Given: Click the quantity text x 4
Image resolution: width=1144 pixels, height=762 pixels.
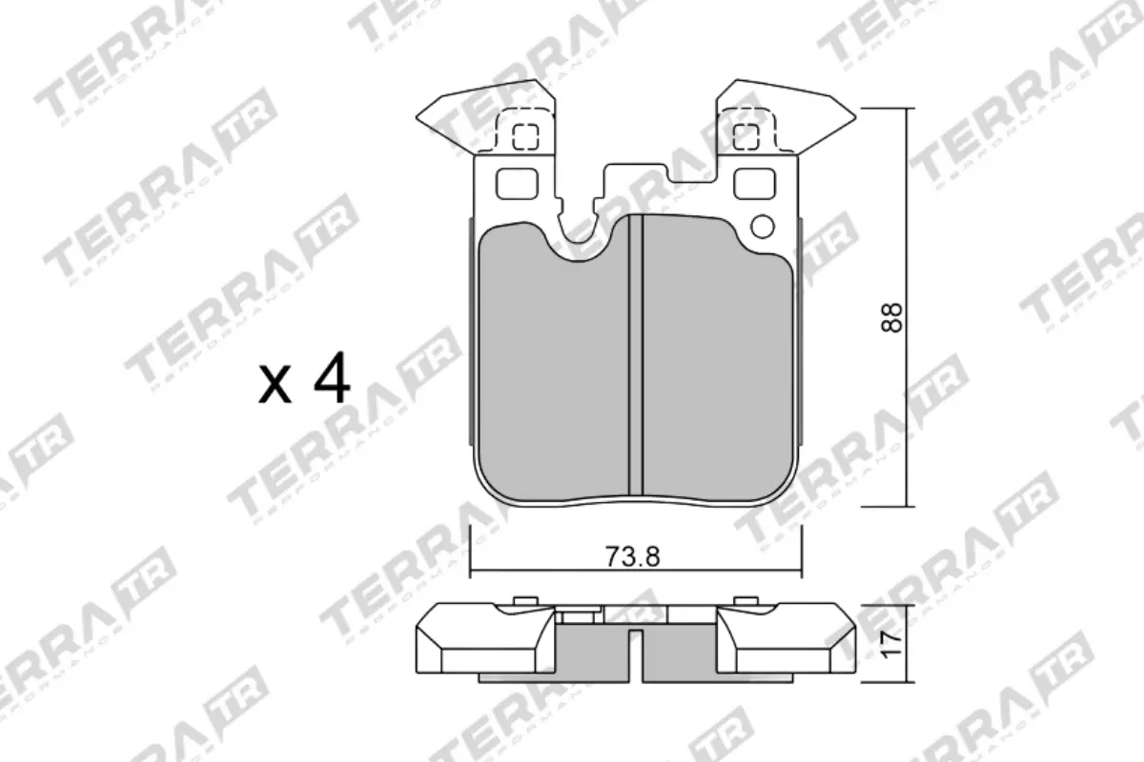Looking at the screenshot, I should pyautogui.click(x=304, y=381).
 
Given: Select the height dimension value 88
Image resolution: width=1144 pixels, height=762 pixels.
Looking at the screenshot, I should pyautogui.click(x=891, y=316).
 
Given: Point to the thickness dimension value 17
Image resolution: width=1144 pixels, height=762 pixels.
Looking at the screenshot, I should pyautogui.click(x=891, y=645).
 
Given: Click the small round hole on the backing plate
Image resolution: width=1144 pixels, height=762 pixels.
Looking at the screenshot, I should pyautogui.click(x=763, y=227).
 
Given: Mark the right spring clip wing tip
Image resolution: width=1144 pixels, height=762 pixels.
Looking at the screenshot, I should pyautogui.click(x=847, y=119).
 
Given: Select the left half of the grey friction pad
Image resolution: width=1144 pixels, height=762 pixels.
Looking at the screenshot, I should pyautogui.click(x=553, y=371).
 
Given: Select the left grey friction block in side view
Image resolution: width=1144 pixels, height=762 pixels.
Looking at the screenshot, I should pyautogui.click(x=591, y=652).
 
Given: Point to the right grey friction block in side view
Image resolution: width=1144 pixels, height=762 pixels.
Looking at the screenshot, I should pyautogui.click(x=679, y=652).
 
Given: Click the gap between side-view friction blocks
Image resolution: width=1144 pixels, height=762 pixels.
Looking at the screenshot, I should pyautogui.click(x=636, y=657).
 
